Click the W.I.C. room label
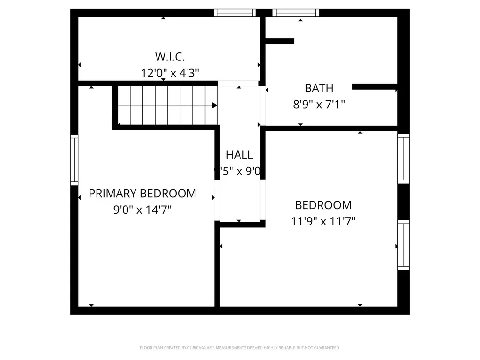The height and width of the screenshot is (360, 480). pos(170,57)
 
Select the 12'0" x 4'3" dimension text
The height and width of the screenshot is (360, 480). pos(170,73)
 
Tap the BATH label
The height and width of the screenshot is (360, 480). pos(319,88)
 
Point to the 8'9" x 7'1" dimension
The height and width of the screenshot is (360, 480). pos(319,104)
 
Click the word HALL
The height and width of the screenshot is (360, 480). pos(239,155)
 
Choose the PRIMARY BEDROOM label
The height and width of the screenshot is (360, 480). pos(142,193)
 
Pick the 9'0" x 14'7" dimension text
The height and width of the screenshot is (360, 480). pos(142,210)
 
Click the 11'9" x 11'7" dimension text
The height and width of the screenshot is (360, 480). pos(323,221)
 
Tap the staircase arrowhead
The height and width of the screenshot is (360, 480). pos(215,105)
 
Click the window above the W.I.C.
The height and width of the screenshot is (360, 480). pos(235,13)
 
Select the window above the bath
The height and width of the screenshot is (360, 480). pos(295,13)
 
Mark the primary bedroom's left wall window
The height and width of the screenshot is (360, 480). pos(74,159)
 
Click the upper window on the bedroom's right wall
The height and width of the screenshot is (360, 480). pos(404,158)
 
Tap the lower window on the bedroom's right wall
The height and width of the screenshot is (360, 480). pos(404,245)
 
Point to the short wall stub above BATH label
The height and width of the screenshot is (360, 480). pos(280,41)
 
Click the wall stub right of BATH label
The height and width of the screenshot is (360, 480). pos(375,86)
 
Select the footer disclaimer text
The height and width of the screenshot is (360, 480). pos(240,348)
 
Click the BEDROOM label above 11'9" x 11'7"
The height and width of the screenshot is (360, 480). pos(323,205)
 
